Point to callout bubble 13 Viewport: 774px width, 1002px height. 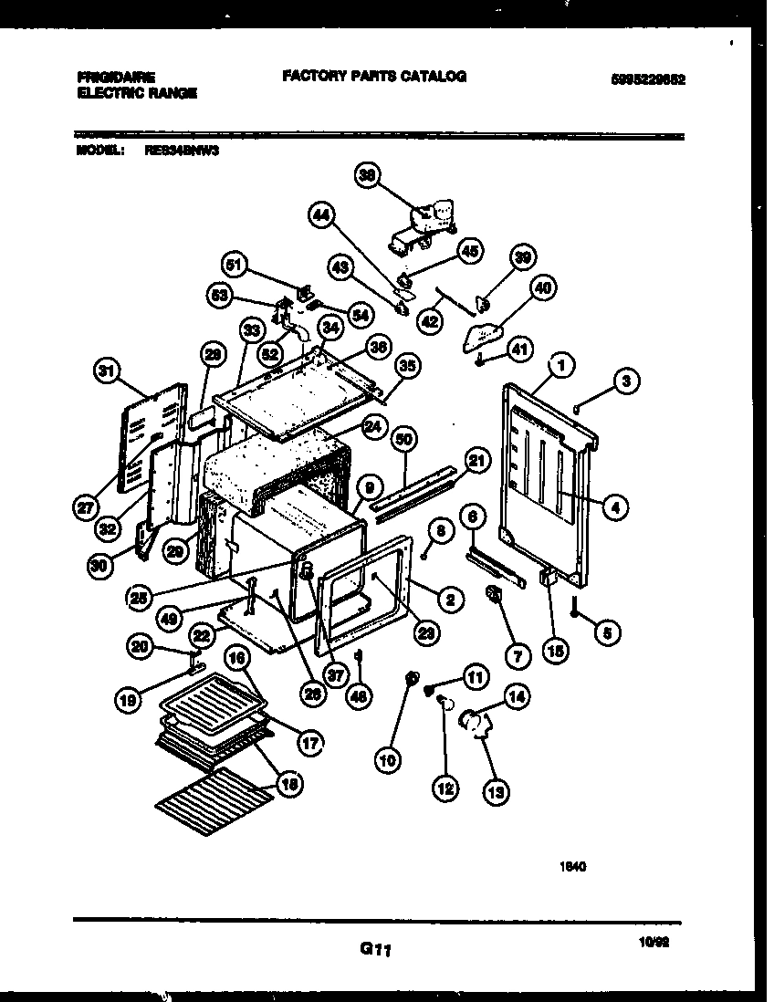point(497,792)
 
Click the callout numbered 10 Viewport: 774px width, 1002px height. point(388,757)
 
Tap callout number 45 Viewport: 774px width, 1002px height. point(470,253)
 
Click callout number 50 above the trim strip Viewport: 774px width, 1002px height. point(404,439)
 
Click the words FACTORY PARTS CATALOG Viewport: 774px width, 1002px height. point(374,77)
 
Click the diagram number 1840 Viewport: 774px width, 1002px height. point(572,867)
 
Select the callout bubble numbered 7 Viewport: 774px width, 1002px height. point(517,655)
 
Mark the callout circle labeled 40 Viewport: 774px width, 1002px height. point(542,288)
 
